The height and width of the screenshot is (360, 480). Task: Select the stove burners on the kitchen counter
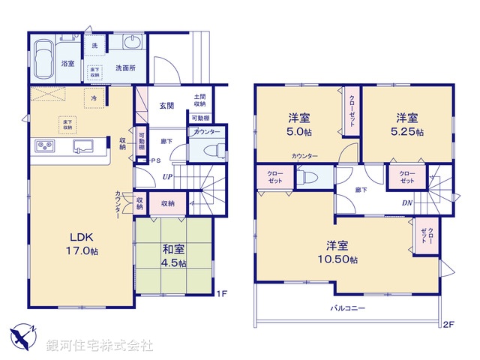coord(43,145)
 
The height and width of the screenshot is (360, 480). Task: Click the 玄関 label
coord(166,106)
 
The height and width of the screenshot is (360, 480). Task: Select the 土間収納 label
coord(199,100)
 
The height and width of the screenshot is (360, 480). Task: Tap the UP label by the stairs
coord(170,177)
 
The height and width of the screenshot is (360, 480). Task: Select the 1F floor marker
coord(222,292)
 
